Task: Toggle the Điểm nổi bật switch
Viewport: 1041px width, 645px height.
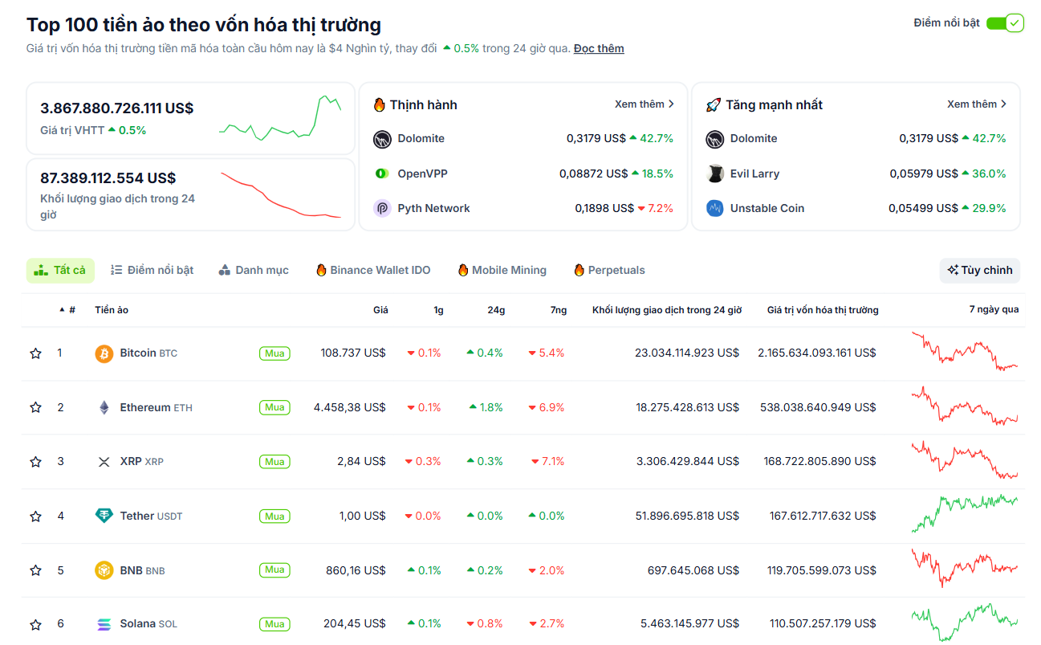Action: pos(1004,23)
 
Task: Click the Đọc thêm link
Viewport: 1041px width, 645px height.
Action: pos(598,48)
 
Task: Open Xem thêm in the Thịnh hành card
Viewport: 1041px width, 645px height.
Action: pos(644,104)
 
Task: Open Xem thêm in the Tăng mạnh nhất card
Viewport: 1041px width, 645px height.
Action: pos(976,104)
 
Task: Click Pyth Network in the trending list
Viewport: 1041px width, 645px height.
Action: pos(433,208)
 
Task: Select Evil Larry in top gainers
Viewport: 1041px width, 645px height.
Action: pos(754,173)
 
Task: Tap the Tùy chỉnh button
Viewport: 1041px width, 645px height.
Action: pos(979,271)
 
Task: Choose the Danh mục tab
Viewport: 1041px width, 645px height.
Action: pos(254,271)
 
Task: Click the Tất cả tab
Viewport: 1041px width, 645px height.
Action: pos(60,271)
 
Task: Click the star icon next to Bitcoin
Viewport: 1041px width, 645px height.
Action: pos(35,353)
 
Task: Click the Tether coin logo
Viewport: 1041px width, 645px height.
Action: pos(104,516)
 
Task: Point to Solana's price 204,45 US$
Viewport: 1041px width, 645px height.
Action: pos(355,624)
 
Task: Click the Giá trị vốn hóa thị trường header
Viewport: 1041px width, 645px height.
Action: pos(822,310)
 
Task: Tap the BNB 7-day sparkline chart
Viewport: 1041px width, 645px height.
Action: pos(964,569)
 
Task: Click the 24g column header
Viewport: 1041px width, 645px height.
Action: pos(495,310)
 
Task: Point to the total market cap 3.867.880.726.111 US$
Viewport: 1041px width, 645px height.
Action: pos(117,108)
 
